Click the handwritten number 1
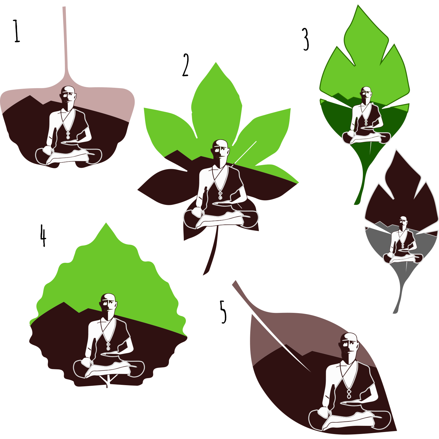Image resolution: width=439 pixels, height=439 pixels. [17, 31]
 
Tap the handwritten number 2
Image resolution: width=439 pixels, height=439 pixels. [186, 65]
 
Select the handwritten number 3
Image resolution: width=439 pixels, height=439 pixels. [306, 40]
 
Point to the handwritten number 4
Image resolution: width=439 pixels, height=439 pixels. [43, 236]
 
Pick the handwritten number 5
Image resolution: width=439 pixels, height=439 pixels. [223, 312]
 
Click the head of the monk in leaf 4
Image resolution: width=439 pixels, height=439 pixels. [109, 305]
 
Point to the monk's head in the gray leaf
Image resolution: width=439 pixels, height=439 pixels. [403, 223]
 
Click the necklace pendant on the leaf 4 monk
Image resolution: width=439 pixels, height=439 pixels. [108, 346]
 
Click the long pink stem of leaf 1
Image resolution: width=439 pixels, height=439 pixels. [65, 44]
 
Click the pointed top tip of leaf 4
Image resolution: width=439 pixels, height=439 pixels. [106, 223]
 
